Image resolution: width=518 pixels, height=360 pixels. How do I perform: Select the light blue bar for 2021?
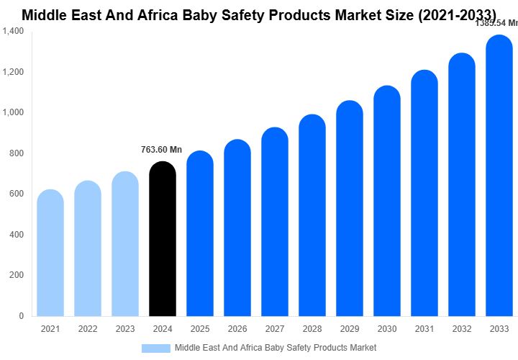tap(50, 253)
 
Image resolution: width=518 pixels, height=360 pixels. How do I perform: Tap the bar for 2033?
tap(499, 176)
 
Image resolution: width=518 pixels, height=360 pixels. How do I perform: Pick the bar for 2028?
tap(312, 216)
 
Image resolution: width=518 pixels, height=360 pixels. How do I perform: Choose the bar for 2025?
tap(200, 234)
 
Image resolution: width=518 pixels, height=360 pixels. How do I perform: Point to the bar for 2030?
tap(387, 202)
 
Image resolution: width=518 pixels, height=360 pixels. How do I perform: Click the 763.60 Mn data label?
tap(161, 150)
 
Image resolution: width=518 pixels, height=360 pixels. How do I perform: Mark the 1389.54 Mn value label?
tap(496, 24)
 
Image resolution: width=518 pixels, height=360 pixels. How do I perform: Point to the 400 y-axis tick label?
tap(17, 235)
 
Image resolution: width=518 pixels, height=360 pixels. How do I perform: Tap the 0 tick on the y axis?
tap(21, 316)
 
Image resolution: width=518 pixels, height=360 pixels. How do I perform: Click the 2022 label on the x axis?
tap(88, 329)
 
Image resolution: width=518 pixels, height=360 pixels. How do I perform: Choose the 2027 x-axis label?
tap(275, 329)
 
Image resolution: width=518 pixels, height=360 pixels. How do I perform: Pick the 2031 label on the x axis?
tap(424, 329)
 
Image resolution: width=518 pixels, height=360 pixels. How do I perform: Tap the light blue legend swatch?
tap(156, 348)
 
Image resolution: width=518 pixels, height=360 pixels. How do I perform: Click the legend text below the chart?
tap(276, 348)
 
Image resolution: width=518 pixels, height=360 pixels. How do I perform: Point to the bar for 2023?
tap(125, 245)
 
